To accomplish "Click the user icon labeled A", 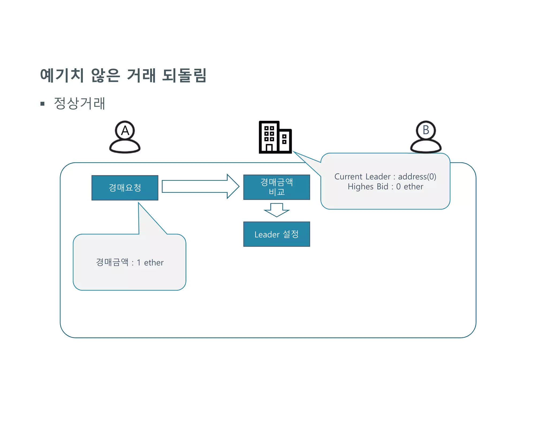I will pos(125,138).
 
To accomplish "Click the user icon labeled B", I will pos(426,138).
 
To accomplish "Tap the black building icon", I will pos(275,137).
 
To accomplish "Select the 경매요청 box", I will pos(125,188).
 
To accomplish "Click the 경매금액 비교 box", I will pos(276,187).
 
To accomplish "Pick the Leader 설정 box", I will pos(276,234).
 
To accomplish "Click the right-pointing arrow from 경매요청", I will pos(200,186).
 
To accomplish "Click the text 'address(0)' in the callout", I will pos(417,176).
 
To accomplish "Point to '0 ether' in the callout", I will pos(409,186).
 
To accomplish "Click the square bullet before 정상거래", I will pos(42,104).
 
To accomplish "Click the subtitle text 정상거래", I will pos(79,103).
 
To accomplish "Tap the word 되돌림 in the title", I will pos(184,75).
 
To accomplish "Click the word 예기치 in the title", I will pos(62,75).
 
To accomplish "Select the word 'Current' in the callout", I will pos(348,176).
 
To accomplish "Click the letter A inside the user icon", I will pos(125,131).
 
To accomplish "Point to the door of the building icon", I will pos(269,148).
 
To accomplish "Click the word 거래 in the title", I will pos(141,75).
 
